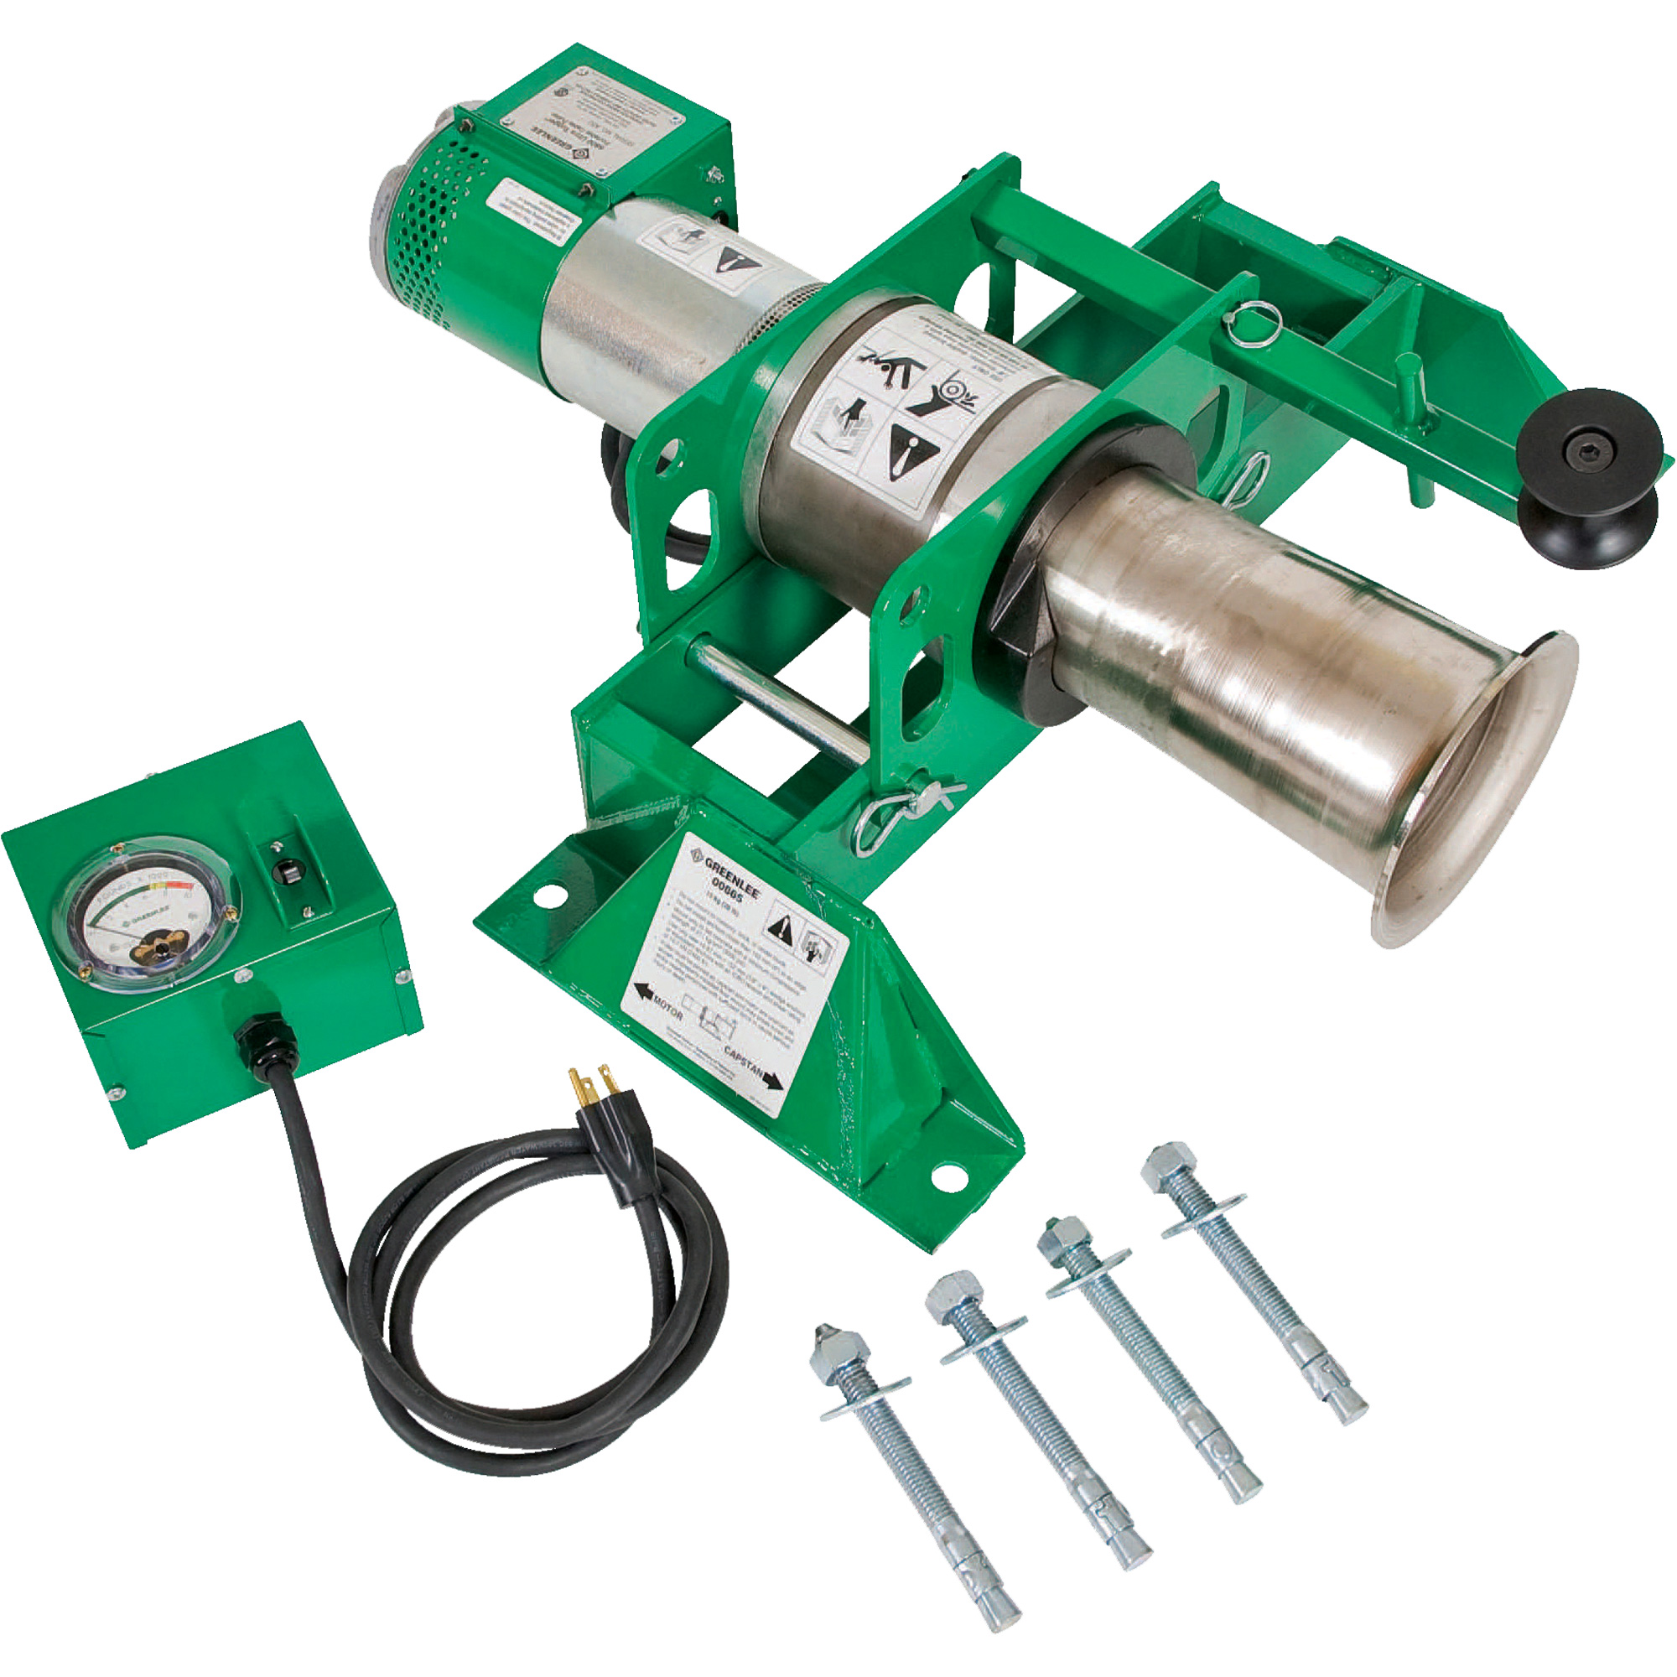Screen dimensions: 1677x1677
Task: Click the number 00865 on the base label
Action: click(727, 888)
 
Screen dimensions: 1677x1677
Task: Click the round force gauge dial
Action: click(146, 912)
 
